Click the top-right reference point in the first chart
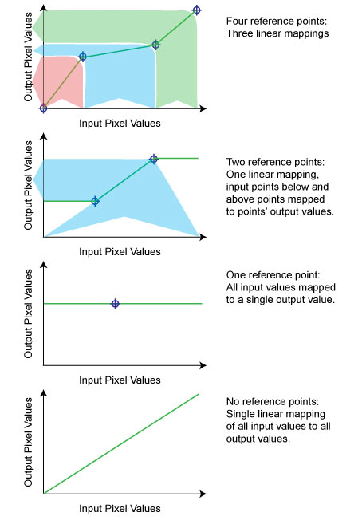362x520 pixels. click(x=197, y=10)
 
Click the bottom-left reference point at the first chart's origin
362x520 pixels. click(x=44, y=108)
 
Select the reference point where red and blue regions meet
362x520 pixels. click(x=82, y=57)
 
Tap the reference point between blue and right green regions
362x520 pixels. click(x=155, y=45)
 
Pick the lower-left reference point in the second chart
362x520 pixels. click(x=95, y=201)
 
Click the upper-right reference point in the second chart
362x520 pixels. click(x=154, y=159)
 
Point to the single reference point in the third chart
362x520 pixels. click(x=116, y=304)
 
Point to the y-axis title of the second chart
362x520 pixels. click(x=29, y=186)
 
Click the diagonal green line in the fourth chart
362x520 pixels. click(x=120, y=444)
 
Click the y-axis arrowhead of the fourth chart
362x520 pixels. click(x=44, y=393)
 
